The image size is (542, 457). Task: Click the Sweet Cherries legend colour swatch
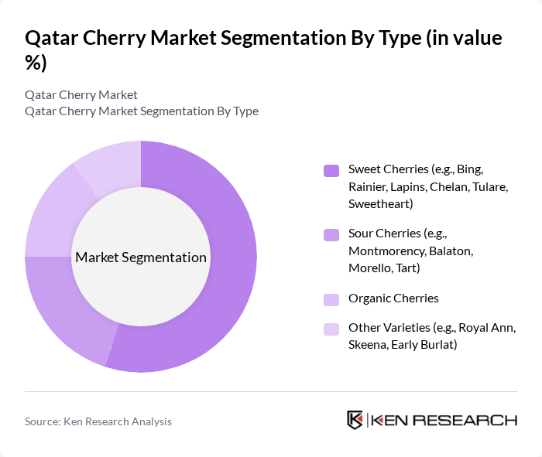331,170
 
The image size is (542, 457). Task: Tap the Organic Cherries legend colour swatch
331,299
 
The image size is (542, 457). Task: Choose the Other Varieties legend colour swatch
331,329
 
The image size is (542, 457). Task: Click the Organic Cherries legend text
393,298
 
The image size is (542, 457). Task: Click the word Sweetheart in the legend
380,203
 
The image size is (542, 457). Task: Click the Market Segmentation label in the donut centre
141,257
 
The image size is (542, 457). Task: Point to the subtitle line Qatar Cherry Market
81,94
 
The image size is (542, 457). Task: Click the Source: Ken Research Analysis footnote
98,421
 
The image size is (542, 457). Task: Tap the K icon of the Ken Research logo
355,420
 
